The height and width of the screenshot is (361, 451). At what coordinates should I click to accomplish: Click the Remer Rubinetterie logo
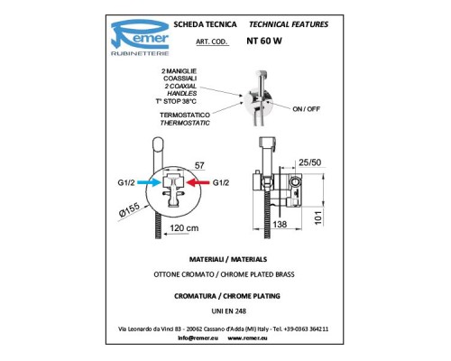tap(140, 37)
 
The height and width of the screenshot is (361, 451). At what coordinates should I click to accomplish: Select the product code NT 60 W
tap(264, 41)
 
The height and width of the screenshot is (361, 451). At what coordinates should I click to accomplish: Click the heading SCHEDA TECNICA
tap(205, 24)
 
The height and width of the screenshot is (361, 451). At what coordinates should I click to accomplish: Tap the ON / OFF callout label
tap(306, 109)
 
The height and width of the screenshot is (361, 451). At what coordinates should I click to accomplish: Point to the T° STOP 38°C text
tap(176, 101)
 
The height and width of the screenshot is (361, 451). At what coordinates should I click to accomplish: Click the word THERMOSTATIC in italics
tap(185, 123)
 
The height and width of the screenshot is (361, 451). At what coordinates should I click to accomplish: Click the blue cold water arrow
tap(149, 182)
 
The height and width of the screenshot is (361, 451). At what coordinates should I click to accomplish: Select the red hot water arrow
tap(198, 182)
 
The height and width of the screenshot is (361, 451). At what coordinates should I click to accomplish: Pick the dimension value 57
tap(199, 165)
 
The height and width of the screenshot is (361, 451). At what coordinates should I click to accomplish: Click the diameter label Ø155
tap(129, 209)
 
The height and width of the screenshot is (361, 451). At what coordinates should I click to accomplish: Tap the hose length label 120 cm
tap(184, 228)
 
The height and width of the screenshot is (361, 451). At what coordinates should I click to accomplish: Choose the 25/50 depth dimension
tap(309, 162)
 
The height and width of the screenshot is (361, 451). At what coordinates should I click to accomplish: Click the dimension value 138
tap(280, 224)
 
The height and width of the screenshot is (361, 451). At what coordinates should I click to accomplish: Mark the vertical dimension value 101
tap(318, 218)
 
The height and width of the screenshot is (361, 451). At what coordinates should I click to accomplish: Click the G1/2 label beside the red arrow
tap(221, 182)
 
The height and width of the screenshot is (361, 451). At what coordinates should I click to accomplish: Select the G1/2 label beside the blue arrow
tap(126, 182)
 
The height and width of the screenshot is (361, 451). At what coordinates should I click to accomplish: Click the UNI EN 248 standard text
tap(229, 311)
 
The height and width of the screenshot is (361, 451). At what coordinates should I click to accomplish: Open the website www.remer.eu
tap(247, 338)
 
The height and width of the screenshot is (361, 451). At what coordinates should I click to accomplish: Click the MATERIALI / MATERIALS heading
tap(228, 259)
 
